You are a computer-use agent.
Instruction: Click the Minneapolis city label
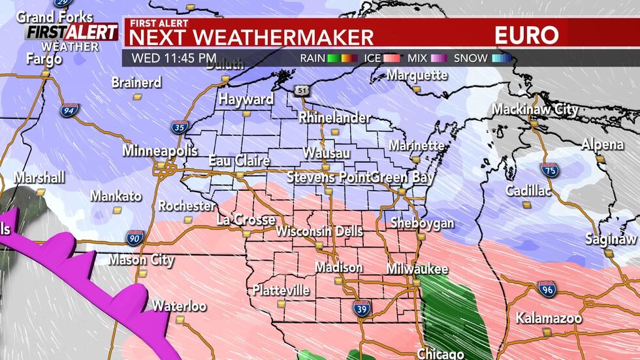tap(159, 151)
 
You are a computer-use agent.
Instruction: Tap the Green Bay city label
tap(399, 177)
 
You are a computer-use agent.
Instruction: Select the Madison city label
tap(338, 267)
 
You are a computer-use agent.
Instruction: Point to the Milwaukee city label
tap(417, 269)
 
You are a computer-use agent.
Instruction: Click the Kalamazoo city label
tap(545, 318)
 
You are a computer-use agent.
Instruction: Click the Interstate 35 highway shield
tap(179, 127)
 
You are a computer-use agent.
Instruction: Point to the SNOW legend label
tap(470, 58)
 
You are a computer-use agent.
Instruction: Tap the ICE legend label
tap(370, 58)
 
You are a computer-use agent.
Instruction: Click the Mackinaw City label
tap(535, 110)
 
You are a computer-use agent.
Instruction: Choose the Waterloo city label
tap(179, 306)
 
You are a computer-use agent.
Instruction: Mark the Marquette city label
tap(417, 75)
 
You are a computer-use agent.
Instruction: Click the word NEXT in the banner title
tap(153, 37)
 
